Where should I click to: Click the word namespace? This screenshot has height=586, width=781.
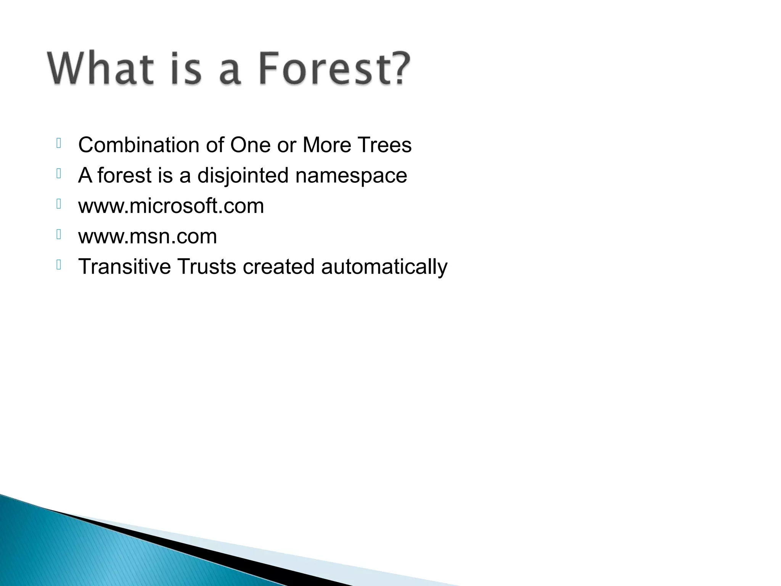point(351,176)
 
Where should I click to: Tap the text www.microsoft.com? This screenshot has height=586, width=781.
point(171,206)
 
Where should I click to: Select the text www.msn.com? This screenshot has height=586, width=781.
point(148,237)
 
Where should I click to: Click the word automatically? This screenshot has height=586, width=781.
point(384,267)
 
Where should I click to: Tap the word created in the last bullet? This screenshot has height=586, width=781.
point(278,266)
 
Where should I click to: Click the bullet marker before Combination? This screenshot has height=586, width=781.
point(59,143)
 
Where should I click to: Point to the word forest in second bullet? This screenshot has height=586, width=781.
point(124,175)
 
